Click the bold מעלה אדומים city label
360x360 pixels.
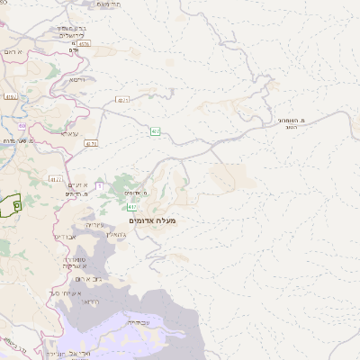(153, 220)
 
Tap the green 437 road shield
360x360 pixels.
(156, 131)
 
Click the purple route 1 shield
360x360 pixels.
(100, 186)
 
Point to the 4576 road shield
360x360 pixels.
(84, 43)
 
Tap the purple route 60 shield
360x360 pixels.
(22, 126)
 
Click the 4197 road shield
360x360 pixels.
(121, 101)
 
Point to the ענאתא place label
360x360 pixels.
(70, 133)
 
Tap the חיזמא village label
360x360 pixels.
(76, 79)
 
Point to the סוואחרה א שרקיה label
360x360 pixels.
(73, 263)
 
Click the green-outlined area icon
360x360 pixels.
(10, 204)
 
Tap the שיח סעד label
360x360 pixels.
(67, 293)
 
